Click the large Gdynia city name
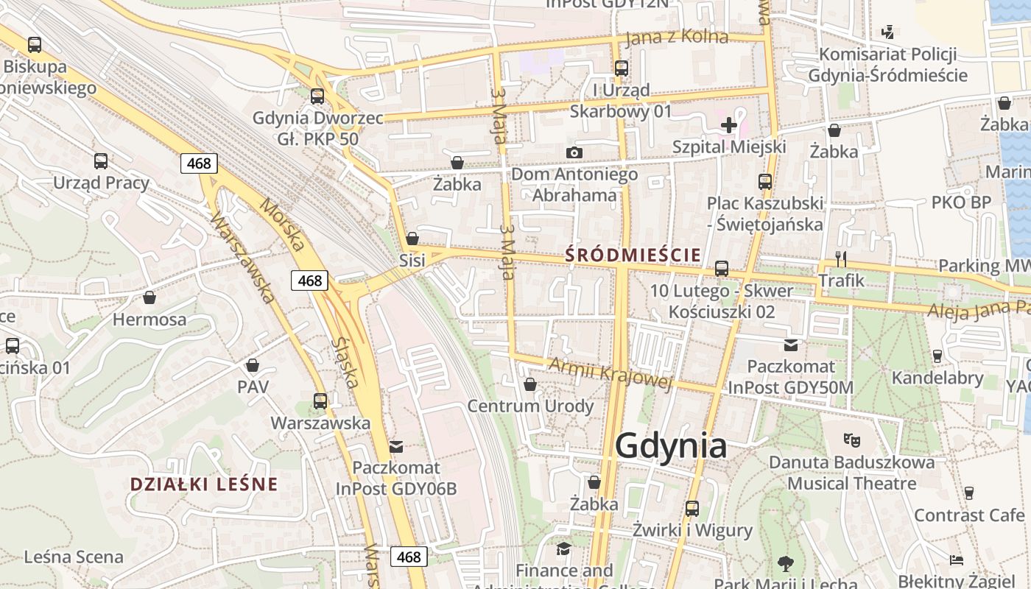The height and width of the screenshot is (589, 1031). (670, 446)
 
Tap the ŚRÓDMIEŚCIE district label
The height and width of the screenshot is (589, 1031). (633, 255)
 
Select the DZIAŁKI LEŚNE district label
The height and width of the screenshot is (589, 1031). (204, 484)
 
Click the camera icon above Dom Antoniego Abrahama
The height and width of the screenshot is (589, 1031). (574, 152)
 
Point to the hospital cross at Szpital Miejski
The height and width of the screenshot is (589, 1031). (729, 125)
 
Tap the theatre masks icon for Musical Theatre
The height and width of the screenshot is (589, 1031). (852, 440)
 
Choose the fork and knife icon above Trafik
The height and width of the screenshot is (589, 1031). (841, 258)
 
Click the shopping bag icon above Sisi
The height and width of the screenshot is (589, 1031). (412, 239)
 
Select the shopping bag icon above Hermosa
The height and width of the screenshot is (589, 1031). (149, 297)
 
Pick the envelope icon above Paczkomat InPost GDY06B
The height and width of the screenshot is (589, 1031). (396, 446)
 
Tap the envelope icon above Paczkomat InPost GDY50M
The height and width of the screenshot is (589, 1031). (791, 345)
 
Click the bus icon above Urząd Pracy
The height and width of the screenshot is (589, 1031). (101, 161)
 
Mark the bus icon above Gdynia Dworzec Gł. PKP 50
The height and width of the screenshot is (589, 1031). (317, 96)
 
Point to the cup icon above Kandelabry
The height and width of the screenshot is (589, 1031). (937, 356)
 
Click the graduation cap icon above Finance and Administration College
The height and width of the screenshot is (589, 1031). (564, 549)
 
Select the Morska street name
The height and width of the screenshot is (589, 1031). (282, 225)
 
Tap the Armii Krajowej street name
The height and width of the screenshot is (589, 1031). (611, 373)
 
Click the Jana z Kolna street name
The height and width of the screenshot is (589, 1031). (676, 38)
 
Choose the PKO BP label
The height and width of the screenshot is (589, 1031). (961, 202)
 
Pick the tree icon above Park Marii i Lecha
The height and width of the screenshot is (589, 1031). (785, 564)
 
